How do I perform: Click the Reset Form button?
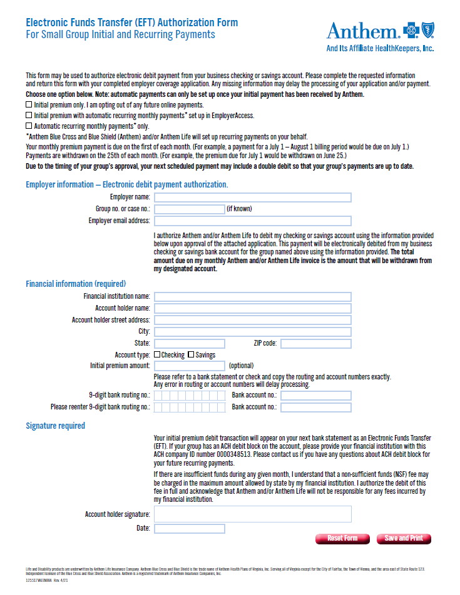tap(342, 539)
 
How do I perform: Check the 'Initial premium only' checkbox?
tap(29, 105)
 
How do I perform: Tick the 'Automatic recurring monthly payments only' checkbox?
tap(29, 126)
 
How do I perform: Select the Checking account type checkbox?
tap(157, 355)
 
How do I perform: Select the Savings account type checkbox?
tap(191, 355)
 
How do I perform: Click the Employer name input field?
tap(252, 197)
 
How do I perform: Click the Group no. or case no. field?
tap(188, 209)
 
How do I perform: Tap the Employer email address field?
tap(252, 221)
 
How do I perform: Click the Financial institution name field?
tap(252, 296)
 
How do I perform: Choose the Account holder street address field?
tap(252, 320)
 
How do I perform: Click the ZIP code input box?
tap(315, 343)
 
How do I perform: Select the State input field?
tap(189, 343)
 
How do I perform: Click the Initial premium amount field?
tap(189, 366)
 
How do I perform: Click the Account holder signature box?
tap(252, 514)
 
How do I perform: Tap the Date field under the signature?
tap(189, 529)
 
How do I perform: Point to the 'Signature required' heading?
tap(55, 426)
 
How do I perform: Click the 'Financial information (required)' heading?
tap(76, 284)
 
